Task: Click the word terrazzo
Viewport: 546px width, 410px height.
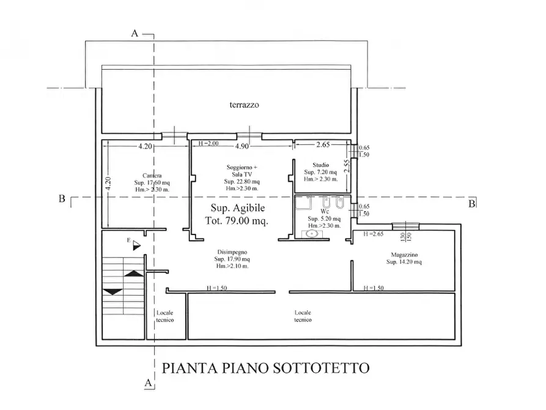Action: (245, 105)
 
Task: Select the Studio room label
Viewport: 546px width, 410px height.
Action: (320, 165)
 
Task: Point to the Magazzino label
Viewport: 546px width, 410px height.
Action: (404, 255)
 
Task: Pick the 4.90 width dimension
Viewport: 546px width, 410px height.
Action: (243, 146)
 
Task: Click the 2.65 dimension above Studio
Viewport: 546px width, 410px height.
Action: (322, 146)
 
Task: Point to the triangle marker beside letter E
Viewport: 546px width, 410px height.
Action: (136, 245)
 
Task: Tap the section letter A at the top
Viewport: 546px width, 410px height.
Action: (135, 34)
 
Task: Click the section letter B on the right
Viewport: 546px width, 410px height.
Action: (471, 204)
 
